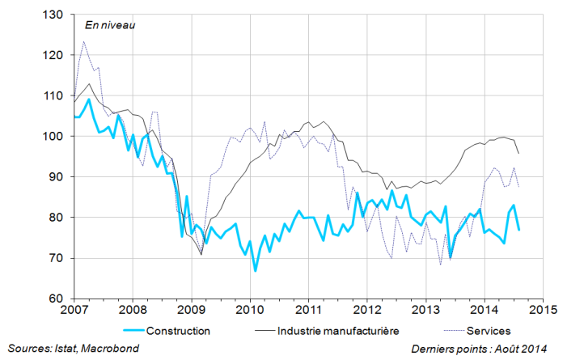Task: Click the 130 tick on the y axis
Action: tap(57, 15)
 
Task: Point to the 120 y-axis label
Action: tap(57, 55)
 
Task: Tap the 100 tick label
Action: tap(57, 137)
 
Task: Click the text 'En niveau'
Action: tap(109, 24)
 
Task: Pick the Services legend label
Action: tap(489, 330)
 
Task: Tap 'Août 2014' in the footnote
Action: tap(523, 348)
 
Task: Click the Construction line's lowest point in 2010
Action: tap(256, 270)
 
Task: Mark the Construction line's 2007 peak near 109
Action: tap(89, 100)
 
